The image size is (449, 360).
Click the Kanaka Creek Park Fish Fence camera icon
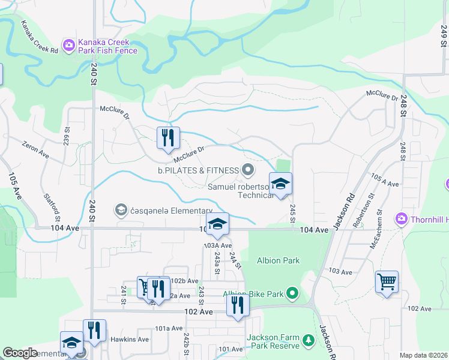pos(69,44)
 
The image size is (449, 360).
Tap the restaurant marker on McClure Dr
pos(168,138)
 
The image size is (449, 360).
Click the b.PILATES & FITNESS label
pos(199,170)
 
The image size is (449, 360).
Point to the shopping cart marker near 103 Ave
pos(387,281)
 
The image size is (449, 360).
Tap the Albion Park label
pos(278,260)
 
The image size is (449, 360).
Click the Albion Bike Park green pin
pos(292,293)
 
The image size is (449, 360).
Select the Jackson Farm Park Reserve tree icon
pos(309,341)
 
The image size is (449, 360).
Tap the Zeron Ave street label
pos(35,150)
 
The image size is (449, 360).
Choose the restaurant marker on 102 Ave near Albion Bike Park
pos(238,305)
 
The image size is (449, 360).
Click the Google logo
pos(20,353)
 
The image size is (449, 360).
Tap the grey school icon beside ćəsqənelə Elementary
pos(121,209)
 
